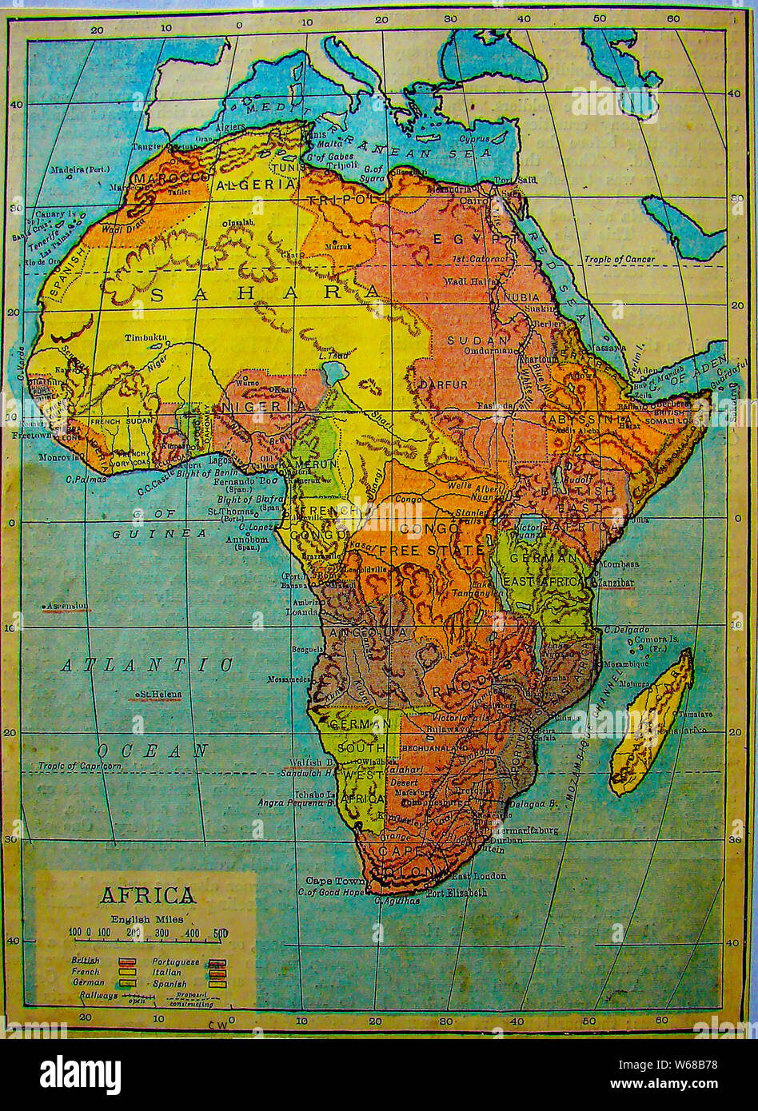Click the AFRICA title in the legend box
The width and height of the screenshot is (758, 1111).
point(147,894)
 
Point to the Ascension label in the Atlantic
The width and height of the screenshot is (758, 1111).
point(67,606)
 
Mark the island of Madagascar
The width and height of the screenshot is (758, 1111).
point(651,723)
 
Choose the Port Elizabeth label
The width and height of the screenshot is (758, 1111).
point(457,893)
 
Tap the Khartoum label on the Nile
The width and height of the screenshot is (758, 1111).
point(537,360)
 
